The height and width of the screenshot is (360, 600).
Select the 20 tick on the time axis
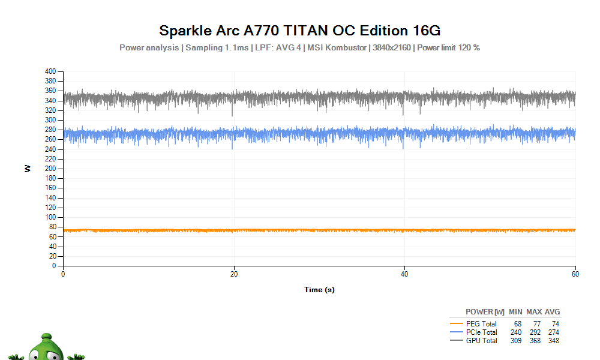pyautogui.click(x=234, y=274)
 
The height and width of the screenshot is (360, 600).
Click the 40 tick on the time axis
pyautogui.click(x=404, y=274)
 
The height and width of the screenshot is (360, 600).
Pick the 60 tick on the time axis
pyautogui.click(x=575, y=274)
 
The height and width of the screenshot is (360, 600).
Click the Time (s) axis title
pyautogui.click(x=319, y=290)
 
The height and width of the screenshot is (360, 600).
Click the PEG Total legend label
pyautogui.click(x=481, y=324)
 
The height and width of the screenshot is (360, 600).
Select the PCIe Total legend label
pyautogui.click(x=481, y=332)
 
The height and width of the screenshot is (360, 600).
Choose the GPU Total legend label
pyautogui.click(x=481, y=341)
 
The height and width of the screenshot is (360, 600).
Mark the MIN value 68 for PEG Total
pyautogui.click(x=517, y=324)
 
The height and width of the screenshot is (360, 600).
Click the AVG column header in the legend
pyautogui.click(x=552, y=312)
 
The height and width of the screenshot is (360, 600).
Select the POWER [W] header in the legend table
pyautogui.click(x=485, y=312)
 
